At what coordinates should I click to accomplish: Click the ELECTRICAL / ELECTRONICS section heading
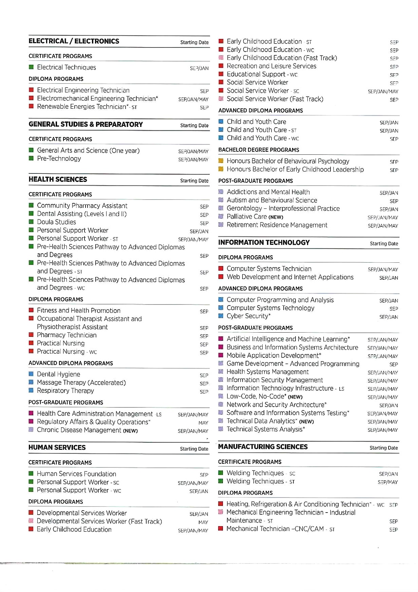click(x=74, y=41)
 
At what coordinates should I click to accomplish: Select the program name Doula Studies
click(x=56, y=222)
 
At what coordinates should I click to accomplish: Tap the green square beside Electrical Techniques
click(x=31, y=67)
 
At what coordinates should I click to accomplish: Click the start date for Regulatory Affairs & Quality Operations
click(x=203, y=423)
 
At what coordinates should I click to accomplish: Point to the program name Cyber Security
click(x=248, y=316)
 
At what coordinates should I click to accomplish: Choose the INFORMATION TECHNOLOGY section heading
click(x=264, y=243)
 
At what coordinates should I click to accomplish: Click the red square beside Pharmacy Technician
click(x=31, y=335)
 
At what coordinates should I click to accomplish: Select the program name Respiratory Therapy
click(x=65, y=391)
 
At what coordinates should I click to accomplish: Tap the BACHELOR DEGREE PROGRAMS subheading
click(x=259, y=150)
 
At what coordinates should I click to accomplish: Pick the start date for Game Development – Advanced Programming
click(x=394, y=365)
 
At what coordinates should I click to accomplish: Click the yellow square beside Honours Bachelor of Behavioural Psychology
click(x=221, y=161)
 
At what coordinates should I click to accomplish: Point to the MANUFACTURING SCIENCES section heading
click(x=263, y=447)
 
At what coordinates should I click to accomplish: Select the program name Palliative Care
click(x=247, y=217)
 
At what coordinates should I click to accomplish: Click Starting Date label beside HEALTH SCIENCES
click(x=194, y=181)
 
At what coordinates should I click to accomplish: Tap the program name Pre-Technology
click(x=59, y=159)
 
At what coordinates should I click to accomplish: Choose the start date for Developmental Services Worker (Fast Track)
click(x=203, y=522)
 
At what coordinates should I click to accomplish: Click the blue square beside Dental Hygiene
click(x=31, y=374)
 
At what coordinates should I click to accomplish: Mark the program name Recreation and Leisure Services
click(x=271, y=66)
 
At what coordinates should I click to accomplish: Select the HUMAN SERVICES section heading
click(x=57, y=448)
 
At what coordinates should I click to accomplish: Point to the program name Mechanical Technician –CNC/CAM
click(x=275, y=529)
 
